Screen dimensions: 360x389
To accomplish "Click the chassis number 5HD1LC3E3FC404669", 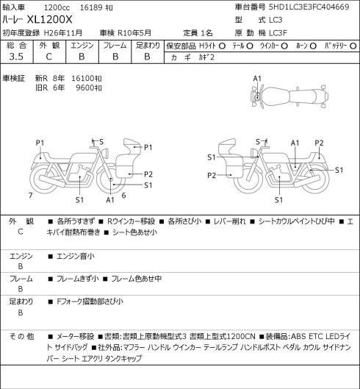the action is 309,7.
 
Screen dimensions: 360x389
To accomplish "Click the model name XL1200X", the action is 49,20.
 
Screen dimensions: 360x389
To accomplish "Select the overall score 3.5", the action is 16,57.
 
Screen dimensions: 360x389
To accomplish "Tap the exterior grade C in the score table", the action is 48,57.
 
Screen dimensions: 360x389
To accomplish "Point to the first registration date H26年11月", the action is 63,33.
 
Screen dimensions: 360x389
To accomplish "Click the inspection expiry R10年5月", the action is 134,33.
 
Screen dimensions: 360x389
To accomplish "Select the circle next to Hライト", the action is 222,46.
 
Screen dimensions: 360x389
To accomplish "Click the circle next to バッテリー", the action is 353,46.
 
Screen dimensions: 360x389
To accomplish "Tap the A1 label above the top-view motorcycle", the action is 257,79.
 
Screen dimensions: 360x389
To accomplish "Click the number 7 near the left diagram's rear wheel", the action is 31,196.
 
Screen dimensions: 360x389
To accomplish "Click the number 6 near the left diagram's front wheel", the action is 123,196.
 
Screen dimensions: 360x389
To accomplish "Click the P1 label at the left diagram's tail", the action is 40,143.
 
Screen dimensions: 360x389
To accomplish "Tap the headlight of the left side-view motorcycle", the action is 106,152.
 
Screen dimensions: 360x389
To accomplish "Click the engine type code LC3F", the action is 278,33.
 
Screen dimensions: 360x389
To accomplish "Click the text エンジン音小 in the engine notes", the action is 76,256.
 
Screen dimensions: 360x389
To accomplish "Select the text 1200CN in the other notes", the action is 241,336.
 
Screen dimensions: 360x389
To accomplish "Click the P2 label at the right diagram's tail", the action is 319,143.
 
